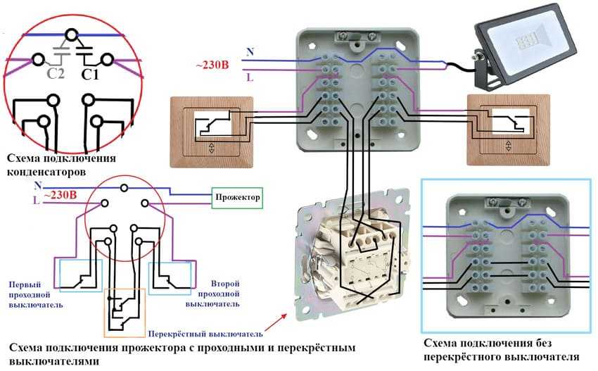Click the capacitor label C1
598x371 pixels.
point(89,73)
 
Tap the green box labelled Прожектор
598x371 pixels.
point(238,198)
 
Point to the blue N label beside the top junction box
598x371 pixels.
point(250,52)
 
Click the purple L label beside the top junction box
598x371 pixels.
point(250,78)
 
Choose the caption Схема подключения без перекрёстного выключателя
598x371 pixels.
point(502,350)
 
